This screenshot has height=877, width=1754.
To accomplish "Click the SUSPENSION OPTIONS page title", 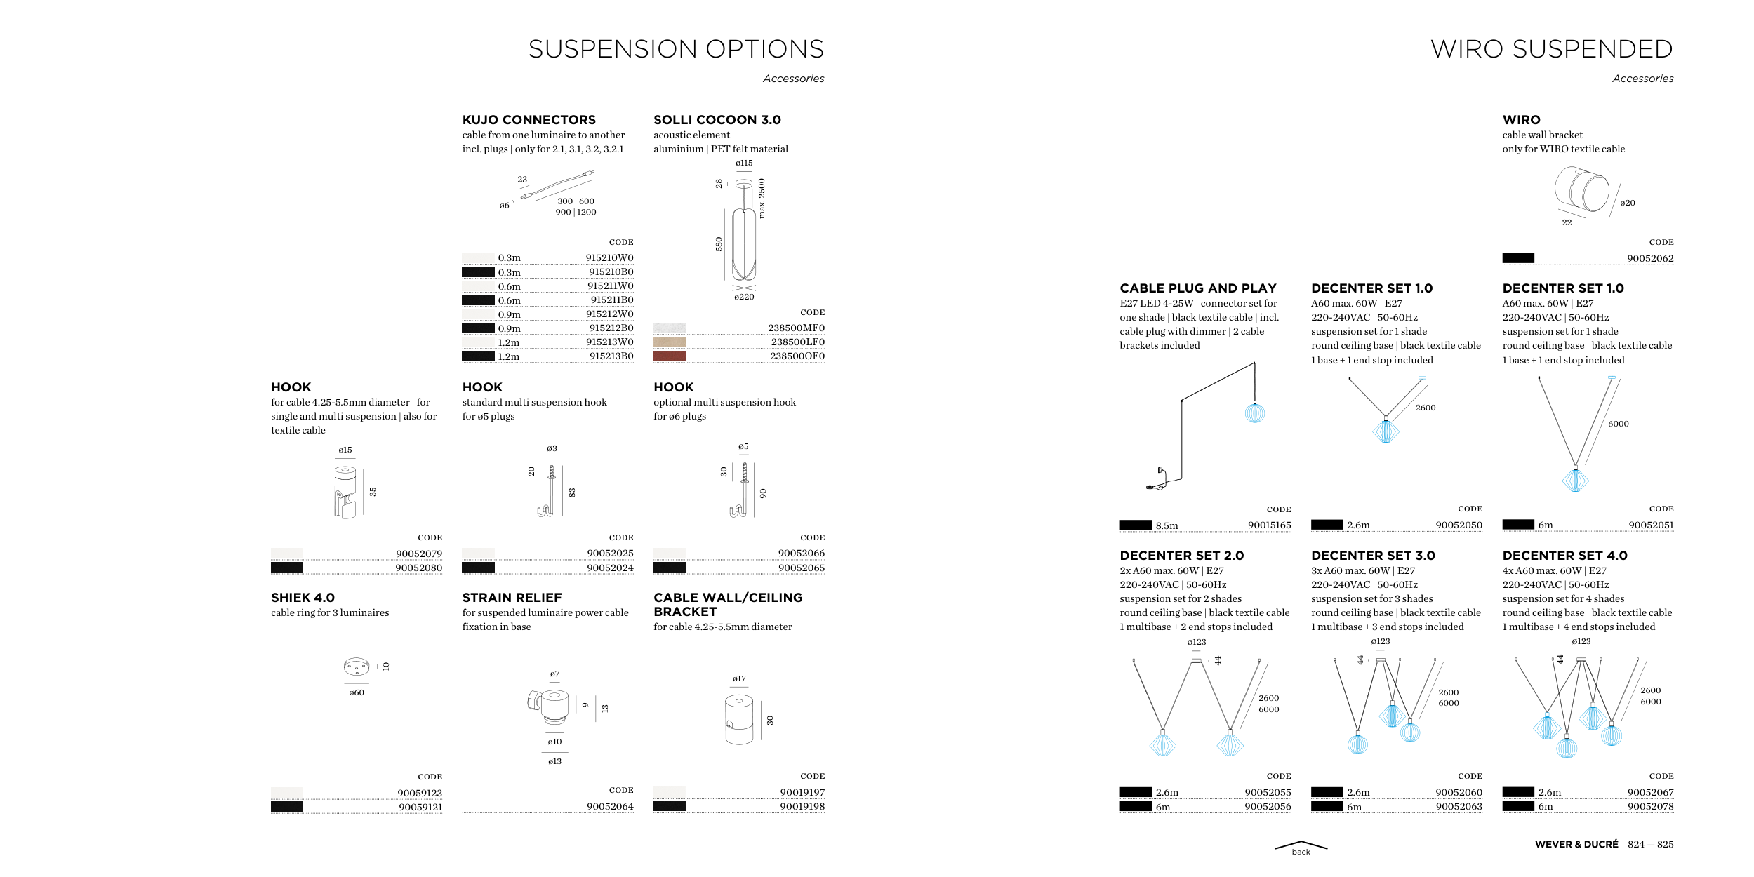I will pyautogui.click(x=675, y=49).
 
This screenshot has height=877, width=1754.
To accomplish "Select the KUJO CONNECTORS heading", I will pyautogui.click(x=529, y=120).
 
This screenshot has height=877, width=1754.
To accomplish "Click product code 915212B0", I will pyautogui.click(x=611, y=328).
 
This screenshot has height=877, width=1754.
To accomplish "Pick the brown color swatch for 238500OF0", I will pyautogui.click(x=669, y=356).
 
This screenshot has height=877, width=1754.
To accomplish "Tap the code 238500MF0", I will pyautogui.click(x=796, y=328).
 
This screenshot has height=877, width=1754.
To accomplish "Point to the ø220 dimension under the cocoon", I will pyautogui.click(x=744, y=297).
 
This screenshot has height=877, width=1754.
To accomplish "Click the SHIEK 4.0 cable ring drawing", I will pyautogui.click(x=356, y=666).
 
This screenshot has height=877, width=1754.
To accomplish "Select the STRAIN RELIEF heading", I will pyautogui.click(x=512, y=598).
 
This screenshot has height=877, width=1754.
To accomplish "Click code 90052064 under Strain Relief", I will pyautogui.click(x=610, y=807).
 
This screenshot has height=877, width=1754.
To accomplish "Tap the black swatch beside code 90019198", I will pyautogui.click(x=669, y=806).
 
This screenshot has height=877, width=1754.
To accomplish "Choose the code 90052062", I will pyautogui.click(x=1650, y=259).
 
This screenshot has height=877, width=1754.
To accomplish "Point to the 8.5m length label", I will pyautogui.click(x=1167, y=525).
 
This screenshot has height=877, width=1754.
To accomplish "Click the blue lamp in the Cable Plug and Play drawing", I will pyautogui.click(x=1254, y=413).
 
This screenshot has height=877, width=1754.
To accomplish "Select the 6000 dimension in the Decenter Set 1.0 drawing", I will pyautogui.click(x=1618, y=424).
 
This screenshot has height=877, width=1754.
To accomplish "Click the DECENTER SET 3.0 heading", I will pyautogui.click(x=1372, y=556).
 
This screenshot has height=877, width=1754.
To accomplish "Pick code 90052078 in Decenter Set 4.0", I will pyautogui.click(x=1650, y=807).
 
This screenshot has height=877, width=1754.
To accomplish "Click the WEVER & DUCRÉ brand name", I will pyautogui.click(x=1576, y=845).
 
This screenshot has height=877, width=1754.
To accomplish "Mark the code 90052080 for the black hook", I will pyautogui.click(x=418, y=568).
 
